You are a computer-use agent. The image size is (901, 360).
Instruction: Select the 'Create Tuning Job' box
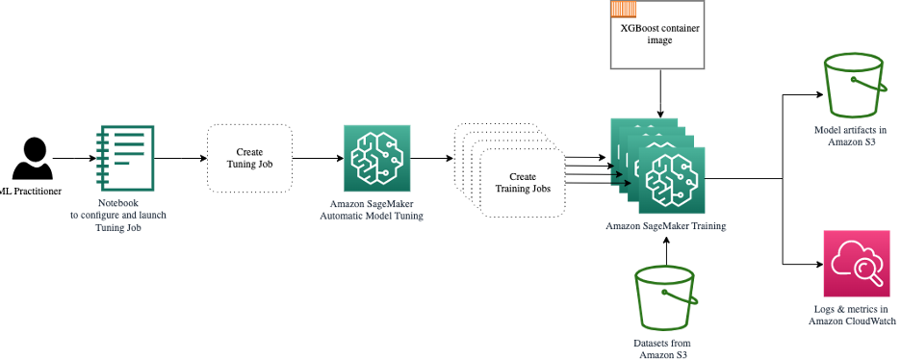[249, 157]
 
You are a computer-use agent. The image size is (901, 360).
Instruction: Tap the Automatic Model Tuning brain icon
[376, 157]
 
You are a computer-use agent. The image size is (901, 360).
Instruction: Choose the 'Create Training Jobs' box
[522, 183]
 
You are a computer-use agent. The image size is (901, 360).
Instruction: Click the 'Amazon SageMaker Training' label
[665, 225]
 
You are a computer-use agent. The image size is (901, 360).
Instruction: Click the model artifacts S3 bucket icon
[852, 87]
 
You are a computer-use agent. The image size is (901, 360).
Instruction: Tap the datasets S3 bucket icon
[665, 298]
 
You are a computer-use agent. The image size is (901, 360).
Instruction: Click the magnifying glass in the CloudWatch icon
[862, 270]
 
